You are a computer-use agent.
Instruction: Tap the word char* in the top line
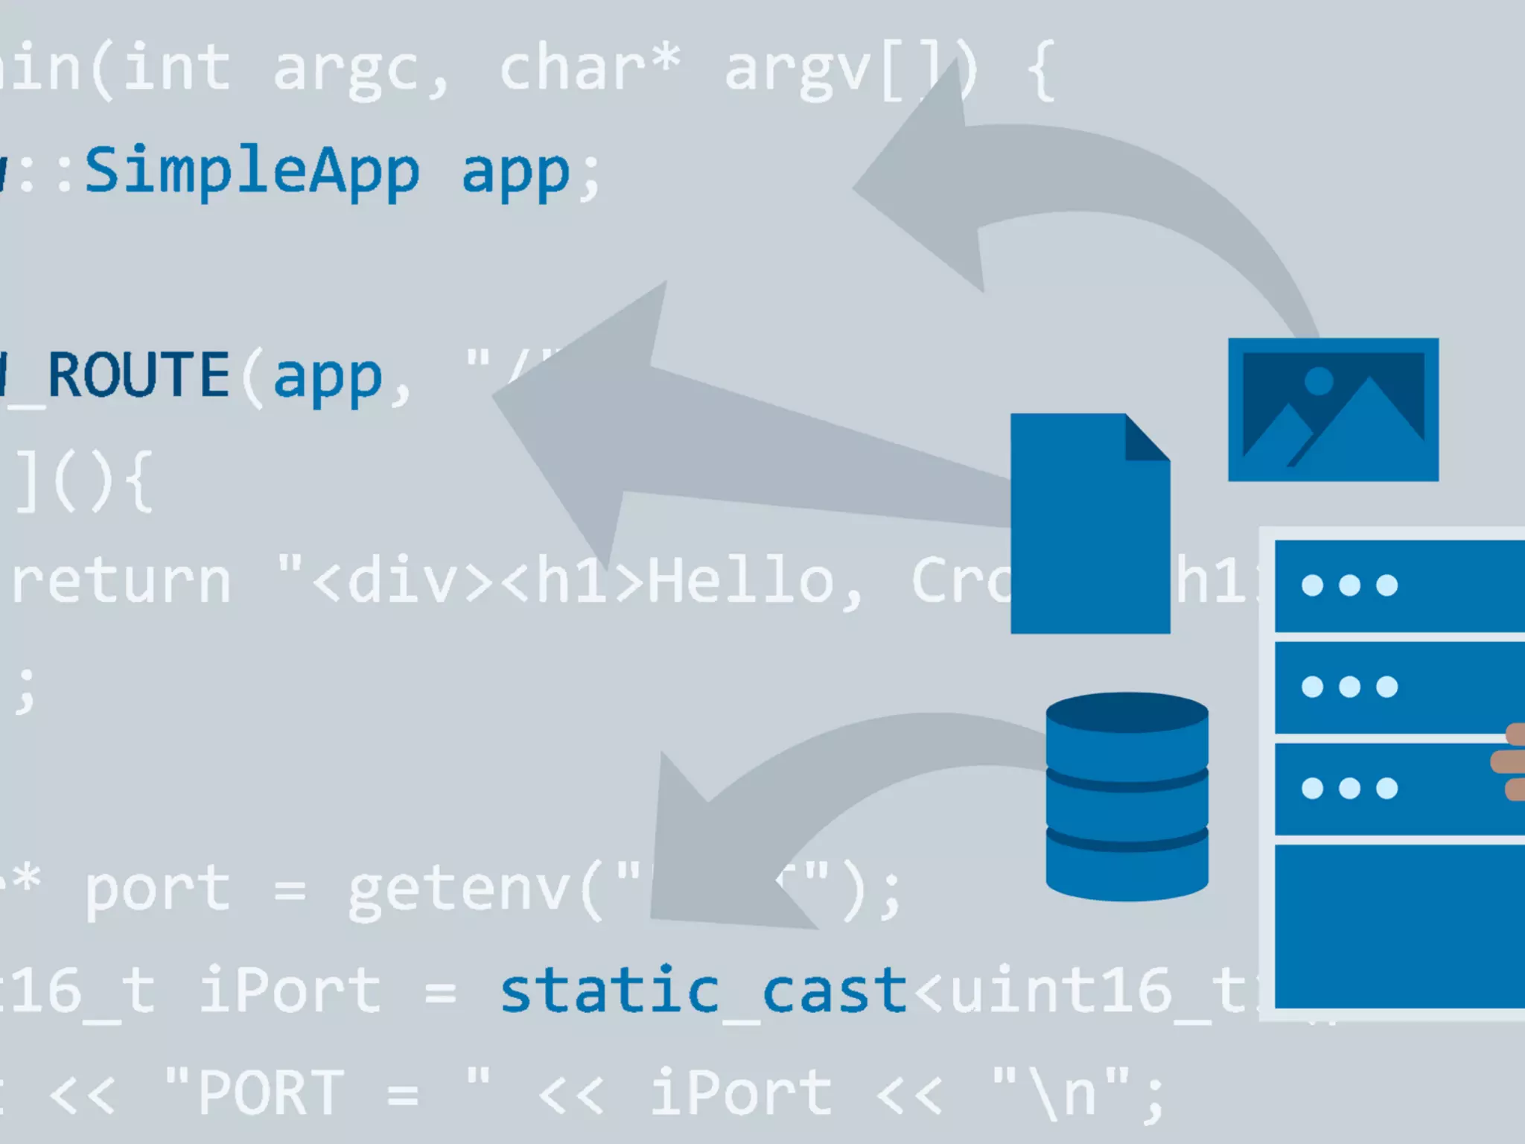588,69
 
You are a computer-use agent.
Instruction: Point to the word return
121,581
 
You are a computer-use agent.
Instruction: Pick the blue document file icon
1089,536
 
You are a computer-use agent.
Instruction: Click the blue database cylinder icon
1127,797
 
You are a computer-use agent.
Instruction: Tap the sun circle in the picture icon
1319,381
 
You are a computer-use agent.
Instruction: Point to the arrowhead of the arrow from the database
700,857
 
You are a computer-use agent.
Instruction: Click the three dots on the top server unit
1349,585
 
